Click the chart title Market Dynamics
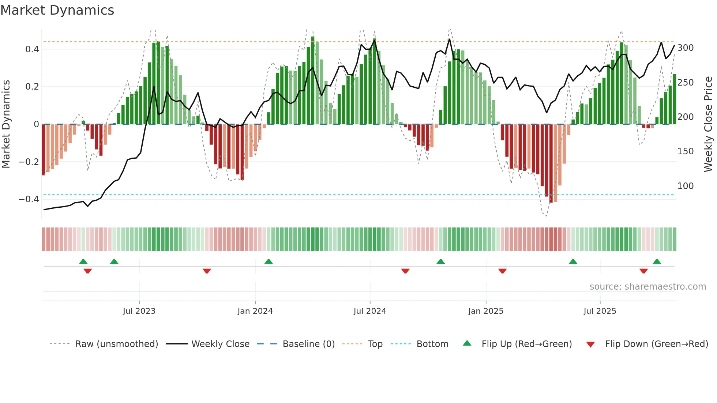(57, 10)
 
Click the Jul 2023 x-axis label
(139, 311)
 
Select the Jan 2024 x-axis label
(255, 311)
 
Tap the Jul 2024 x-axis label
(370, 311)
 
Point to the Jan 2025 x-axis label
(486, 311)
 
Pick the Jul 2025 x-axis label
(600, 311)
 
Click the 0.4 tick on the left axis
(32, 49)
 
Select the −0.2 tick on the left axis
(29, 162)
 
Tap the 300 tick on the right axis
(685, 48)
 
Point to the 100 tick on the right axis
(685, 186)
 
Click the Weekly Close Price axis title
(708, 124)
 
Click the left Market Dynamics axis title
(6, 124)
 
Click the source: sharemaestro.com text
(647, 287)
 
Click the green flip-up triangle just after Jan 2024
(269, 261)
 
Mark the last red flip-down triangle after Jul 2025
(643, 271)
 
